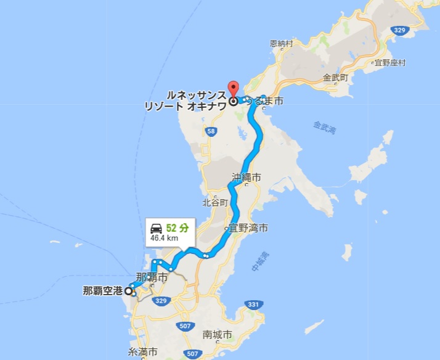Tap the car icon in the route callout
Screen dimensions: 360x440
pos(157,228)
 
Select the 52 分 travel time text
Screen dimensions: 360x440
pos(177,228)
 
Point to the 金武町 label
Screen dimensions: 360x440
pos(336,78)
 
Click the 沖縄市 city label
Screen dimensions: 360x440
pos(246,177)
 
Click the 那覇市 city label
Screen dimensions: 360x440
pos(151,278)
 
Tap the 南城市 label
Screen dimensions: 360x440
pos(218,335)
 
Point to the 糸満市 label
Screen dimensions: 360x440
pos(143,352)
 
